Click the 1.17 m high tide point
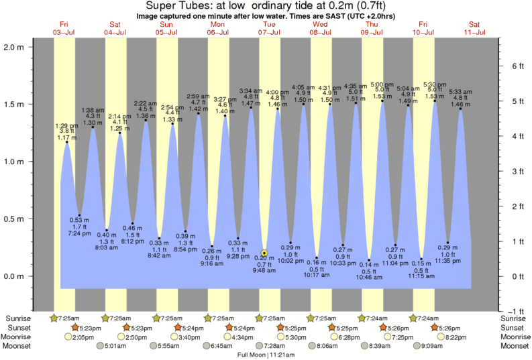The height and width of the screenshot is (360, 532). (x=66, y=142)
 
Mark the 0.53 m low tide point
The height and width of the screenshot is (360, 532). (x=80, y=215)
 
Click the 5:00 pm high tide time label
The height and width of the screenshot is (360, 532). (x=382, y=84)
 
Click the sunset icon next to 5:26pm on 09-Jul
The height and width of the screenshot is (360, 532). (x=382, y=327)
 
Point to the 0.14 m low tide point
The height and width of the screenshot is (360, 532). (x=369, y=260)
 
